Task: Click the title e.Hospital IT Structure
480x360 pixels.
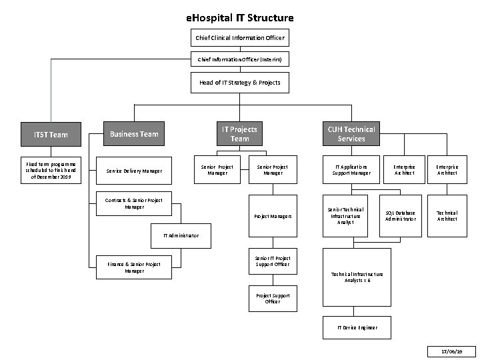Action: click(240, 17)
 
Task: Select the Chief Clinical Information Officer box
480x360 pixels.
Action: click(240, 37)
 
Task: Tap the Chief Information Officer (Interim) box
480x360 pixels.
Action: click(240, 60)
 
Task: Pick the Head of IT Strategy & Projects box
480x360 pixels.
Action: click(240, 83)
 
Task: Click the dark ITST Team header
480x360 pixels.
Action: click(51, 135)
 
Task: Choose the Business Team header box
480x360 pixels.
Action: click(134, 134)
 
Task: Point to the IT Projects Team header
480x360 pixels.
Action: click(240, 134)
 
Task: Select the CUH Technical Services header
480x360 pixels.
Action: click(351, 134)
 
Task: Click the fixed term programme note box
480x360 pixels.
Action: click(51, 171)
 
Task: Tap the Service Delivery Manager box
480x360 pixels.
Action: click(134, 171)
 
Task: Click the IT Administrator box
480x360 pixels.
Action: click(181, 235)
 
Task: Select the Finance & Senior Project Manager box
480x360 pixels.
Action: click(134, 267)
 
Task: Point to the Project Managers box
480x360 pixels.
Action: click(273, 216)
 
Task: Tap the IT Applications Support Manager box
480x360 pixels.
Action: click(351, 171)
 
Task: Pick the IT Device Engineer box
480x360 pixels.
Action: click(357, 327)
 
